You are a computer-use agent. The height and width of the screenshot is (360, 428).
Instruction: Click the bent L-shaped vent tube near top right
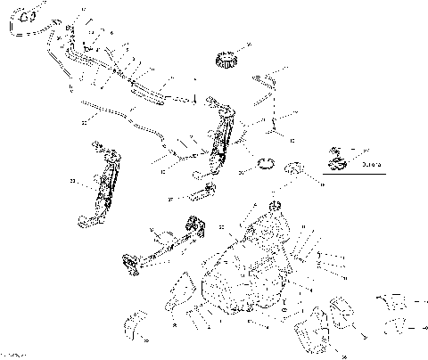pyautogui.click(x=267, y=89)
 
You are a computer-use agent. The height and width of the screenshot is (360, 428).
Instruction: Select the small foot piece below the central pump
pyautogui.click(x=207, y=192)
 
